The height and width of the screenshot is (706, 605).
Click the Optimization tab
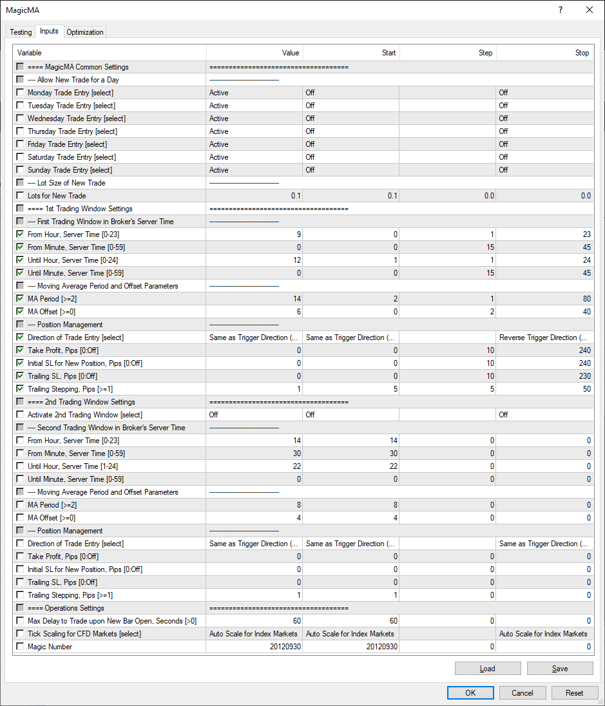pos(84,32)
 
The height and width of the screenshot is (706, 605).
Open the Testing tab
pos(21,32)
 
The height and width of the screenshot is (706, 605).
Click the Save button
pos(560,669)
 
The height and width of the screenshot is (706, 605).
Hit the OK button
pos(470,693)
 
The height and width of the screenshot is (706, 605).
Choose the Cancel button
pos(523,693)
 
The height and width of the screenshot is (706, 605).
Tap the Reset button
pos(574,693)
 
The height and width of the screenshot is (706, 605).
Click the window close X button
pos(589,10)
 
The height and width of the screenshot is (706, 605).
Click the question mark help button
pos(560,10)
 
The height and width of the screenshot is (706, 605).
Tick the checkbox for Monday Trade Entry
pos(21,93)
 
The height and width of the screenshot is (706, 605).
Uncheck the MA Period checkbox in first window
pos(21,299)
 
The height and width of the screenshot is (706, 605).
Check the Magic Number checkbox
pos(21,647)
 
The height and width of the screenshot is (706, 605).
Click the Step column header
pos(485,53)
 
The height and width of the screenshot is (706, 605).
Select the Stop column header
pos(582,53)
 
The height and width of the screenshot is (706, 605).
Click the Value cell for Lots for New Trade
pos(254,196)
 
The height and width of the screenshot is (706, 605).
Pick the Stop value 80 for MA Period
pos(544,299)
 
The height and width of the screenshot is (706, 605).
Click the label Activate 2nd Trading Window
pos(84,415)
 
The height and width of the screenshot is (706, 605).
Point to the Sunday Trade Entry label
pos(70,170)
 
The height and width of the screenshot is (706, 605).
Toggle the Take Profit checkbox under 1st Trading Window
pos(21,350)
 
